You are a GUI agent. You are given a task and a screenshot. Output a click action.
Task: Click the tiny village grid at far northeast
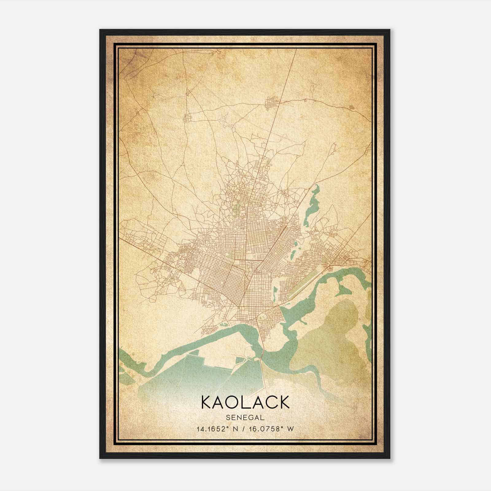coord(352,107)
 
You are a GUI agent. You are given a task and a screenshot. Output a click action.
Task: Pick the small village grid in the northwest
coord(187,118)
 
